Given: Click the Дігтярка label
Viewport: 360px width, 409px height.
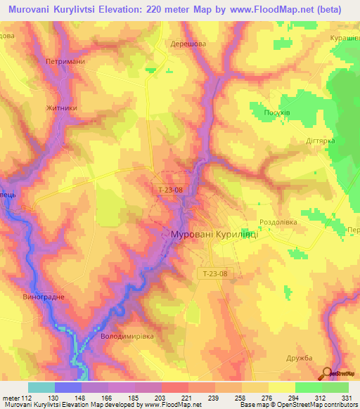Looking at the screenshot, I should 319,140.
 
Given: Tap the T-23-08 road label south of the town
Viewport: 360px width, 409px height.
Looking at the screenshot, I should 212,274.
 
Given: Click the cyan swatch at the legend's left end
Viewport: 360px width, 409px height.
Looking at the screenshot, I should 41,387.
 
